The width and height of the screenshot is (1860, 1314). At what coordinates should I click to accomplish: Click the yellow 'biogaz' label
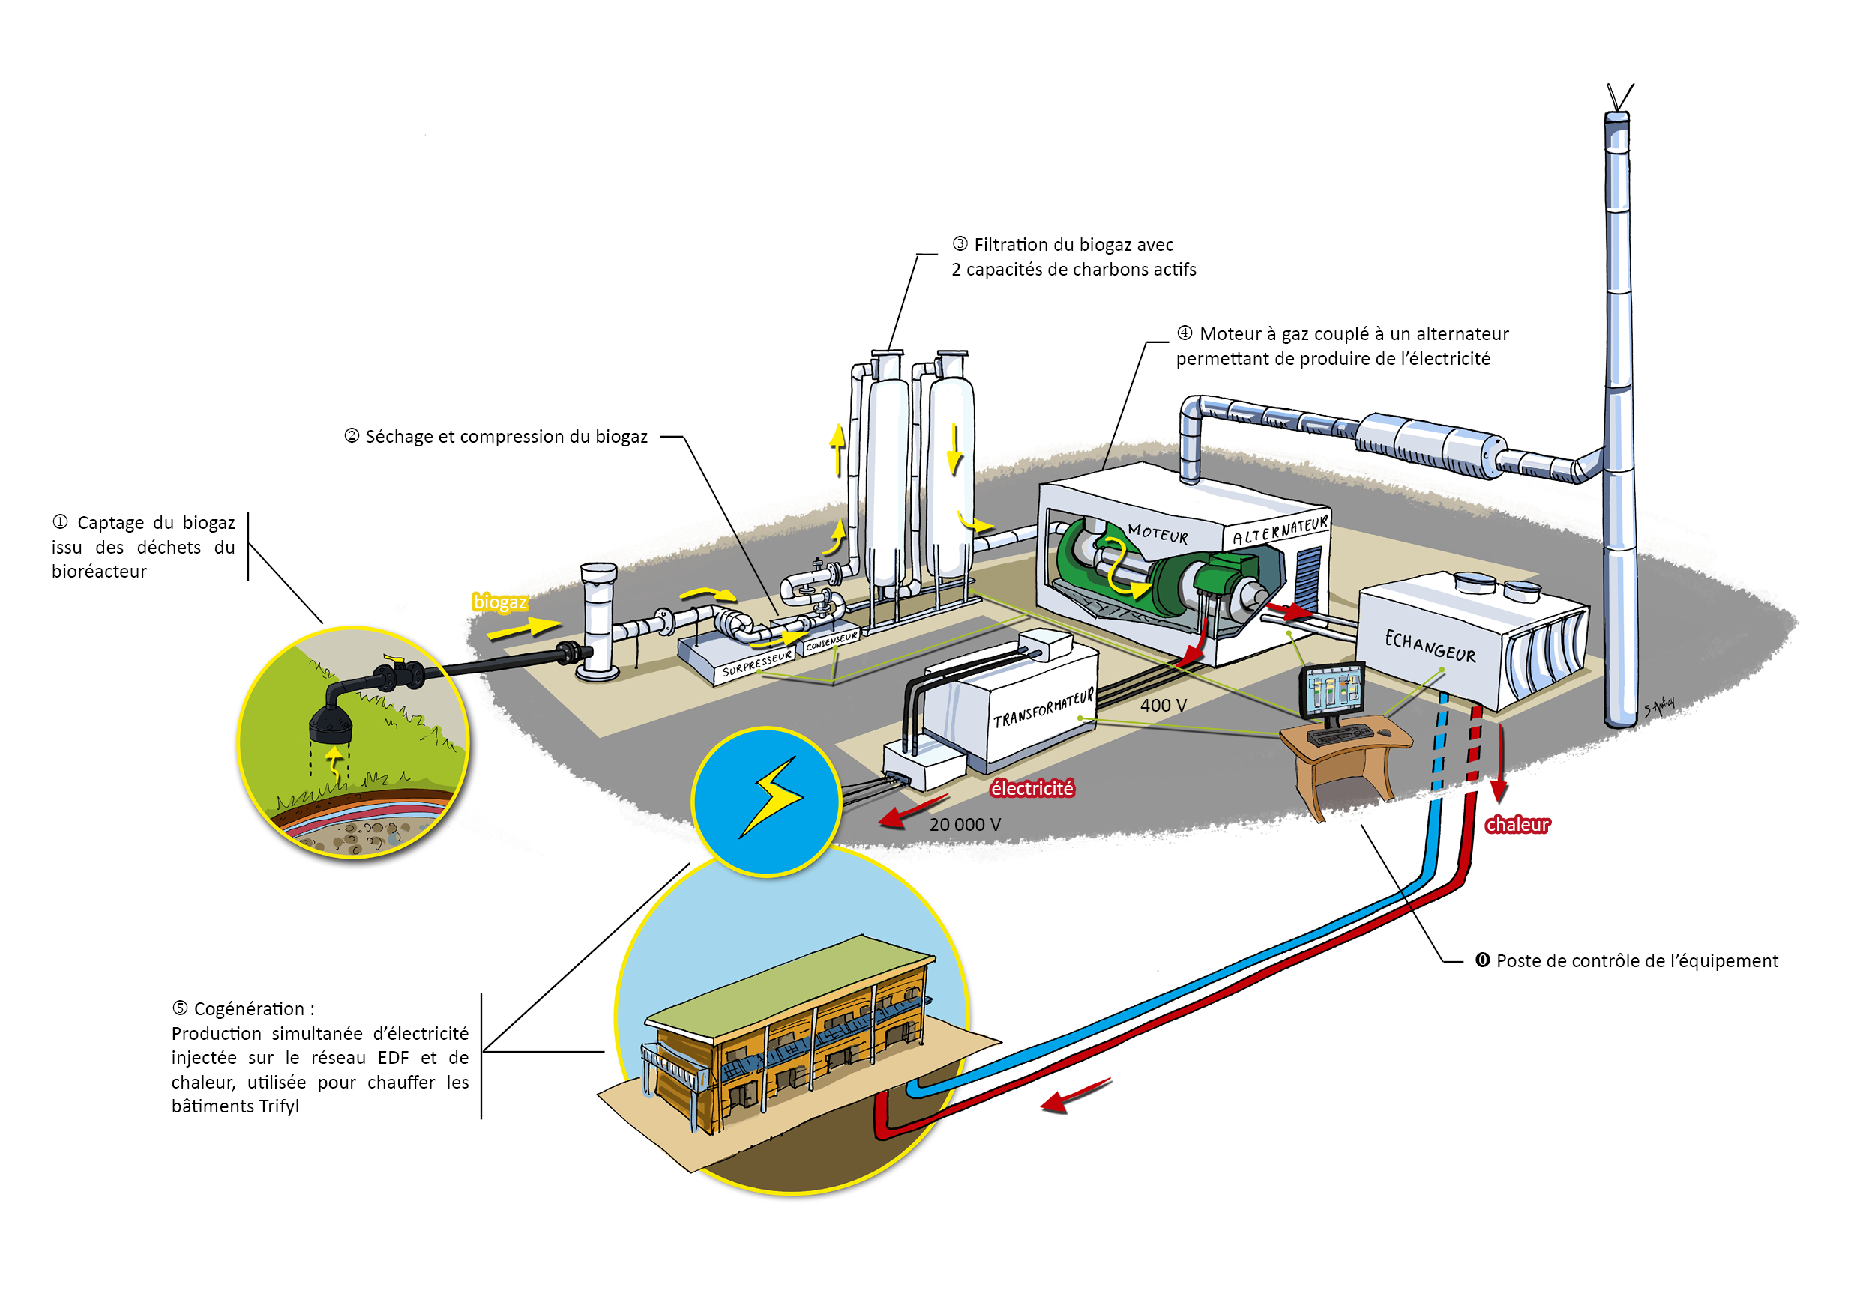500,602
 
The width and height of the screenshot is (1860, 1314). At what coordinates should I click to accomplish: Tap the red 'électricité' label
1032,788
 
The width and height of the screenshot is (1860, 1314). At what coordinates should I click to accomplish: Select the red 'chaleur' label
1517,824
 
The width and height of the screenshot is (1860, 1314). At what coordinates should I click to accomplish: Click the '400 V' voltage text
1163,705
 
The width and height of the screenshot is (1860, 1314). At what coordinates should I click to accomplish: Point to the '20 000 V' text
964,824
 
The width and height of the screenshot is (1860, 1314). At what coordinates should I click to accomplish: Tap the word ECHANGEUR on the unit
1430,646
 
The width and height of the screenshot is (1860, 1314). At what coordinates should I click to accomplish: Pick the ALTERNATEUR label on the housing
1280,530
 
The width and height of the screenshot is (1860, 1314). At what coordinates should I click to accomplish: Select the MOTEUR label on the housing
1158,533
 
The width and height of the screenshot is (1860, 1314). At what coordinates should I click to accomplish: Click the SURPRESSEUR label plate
756,663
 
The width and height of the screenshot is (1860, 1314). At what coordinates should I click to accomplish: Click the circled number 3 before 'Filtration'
960,243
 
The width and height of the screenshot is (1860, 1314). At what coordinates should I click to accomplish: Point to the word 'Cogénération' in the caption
250,1009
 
